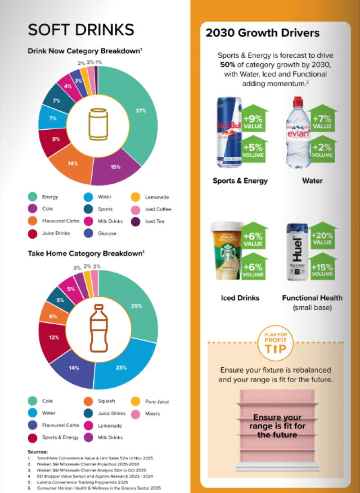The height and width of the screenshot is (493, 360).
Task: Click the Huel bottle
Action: click(x=298, y=253)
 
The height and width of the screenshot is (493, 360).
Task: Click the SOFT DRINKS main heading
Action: click(x=81, y=30)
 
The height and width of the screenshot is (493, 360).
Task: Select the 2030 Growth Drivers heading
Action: click(x=263, y=33)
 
